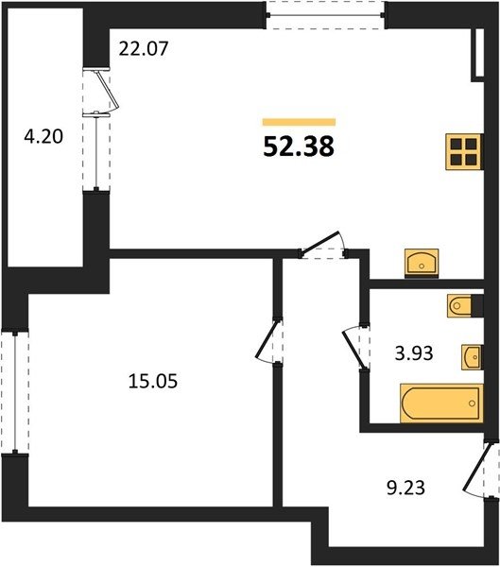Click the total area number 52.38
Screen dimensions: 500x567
click(299, 147)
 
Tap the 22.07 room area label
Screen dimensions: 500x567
click(144, 49)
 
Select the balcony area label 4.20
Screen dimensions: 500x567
click(43, 137)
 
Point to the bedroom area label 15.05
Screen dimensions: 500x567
click(153, 381)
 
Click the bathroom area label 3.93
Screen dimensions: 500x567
click(414, 353)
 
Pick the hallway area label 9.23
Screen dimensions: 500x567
click(405, 488)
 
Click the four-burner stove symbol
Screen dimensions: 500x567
click(464, 152)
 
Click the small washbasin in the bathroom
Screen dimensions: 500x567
click(473, 357)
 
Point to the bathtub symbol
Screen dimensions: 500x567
click(441, 404)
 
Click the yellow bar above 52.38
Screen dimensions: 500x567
click(299, 122)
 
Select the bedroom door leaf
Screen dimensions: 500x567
click(267, 339)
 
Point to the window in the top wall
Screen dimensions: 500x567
click(326, 15)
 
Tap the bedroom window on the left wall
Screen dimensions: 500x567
click(15, 391)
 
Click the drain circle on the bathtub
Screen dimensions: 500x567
click(472, 404)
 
